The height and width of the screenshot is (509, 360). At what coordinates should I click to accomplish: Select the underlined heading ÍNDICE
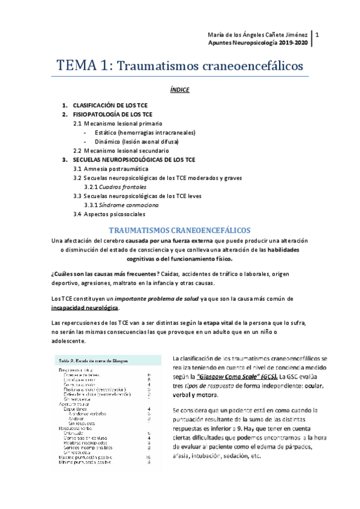pos(180,90)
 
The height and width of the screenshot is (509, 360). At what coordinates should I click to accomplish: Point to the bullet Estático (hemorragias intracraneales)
pos(145,132)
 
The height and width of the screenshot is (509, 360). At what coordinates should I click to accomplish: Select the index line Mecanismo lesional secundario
pos(121,150)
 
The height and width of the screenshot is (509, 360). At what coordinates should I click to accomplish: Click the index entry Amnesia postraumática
pos(110,169)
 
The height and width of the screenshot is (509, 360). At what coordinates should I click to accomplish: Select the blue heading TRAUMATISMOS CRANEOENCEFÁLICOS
pos(180,230)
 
